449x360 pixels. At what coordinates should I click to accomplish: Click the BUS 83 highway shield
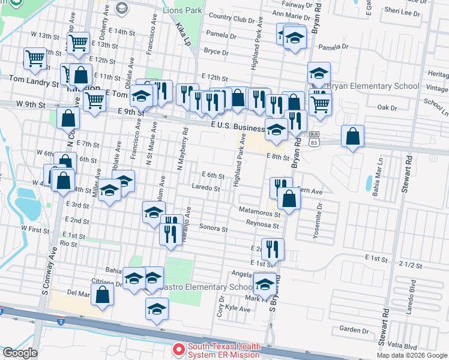(314, 138)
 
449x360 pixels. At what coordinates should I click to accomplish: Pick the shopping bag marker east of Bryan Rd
(352, 136)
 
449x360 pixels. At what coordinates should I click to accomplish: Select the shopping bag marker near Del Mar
(103, 295)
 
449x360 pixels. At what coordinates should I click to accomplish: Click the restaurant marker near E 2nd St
(273, 248)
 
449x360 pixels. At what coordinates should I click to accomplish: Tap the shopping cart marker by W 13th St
(79, 43)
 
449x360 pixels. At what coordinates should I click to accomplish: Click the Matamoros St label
(259, 211)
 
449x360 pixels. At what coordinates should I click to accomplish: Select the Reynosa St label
(262, 225)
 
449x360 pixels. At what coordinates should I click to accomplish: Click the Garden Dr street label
(354, 329)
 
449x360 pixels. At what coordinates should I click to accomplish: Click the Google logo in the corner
(20, 353)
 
